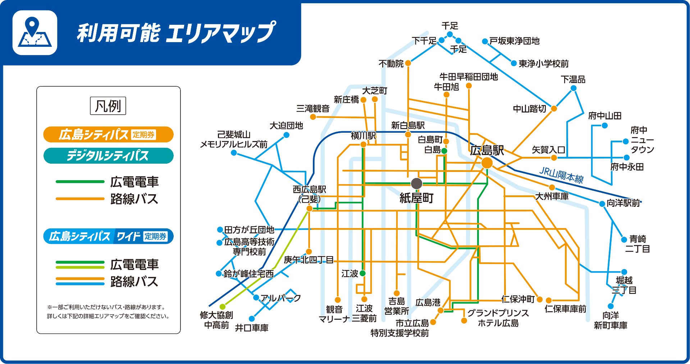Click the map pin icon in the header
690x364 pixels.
(35, 33)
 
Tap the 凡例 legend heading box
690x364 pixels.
(108, 106)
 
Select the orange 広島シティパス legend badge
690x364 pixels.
(108, 135)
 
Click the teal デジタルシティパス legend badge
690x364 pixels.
(108, 156)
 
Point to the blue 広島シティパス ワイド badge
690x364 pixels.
(108, 236)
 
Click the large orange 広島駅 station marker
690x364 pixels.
(487, 163)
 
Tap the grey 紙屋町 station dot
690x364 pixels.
(416, 183)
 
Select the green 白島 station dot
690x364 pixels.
(444, 151)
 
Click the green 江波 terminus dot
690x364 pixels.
(363, 273)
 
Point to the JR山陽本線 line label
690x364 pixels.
(561, 175)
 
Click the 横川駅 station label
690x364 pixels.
(363, 136)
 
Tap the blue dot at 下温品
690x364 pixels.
(574, 88)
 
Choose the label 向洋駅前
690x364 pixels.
(623, 203)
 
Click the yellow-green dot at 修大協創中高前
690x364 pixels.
(223, 306)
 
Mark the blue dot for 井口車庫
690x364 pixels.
(252, 319)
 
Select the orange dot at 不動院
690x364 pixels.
(408, 63)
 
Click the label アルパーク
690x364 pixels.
(280, 298)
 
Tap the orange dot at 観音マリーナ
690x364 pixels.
(338, 300)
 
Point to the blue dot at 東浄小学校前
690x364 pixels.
(514, 63)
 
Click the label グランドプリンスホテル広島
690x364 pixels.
(498, 318)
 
